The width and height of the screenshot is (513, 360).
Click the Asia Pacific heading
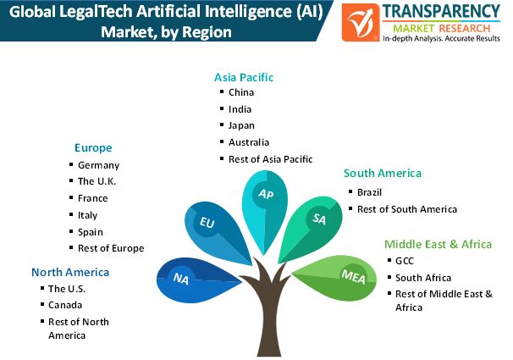[x=244, y=77]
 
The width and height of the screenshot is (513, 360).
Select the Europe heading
[x=93, y=148]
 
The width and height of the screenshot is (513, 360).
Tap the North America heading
[x=70, y=272]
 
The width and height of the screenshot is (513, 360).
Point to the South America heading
[x=383, y=173]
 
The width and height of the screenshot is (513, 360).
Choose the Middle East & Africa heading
[x=438, y=244]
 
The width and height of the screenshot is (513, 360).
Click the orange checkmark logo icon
[x=361, y=23]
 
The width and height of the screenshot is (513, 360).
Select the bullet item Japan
[x=241, y=125]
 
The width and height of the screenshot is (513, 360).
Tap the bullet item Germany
[x=98, y=165]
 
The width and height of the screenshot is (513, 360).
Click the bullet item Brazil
[x=369, y=192]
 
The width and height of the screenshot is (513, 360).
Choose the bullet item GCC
[x=405, y=261]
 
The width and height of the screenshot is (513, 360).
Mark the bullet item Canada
[x=65, y=305]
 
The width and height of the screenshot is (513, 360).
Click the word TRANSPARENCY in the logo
[x=441, y=12]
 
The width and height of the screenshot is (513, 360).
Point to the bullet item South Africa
[x=423, y=278]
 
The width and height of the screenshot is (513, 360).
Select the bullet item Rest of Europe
[x=111, y=248]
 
